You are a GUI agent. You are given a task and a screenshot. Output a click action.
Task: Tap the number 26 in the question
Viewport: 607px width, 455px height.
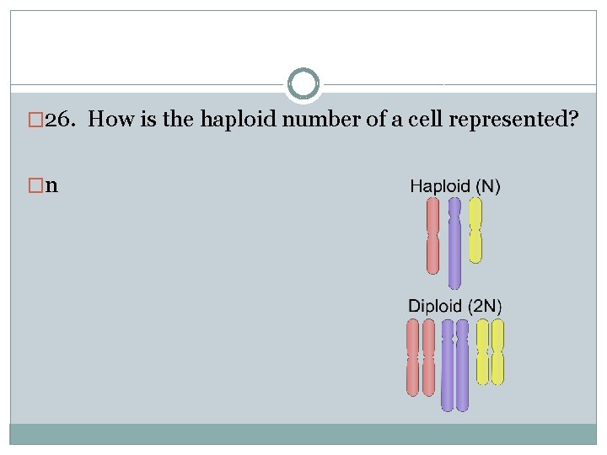click(x=57, y=120)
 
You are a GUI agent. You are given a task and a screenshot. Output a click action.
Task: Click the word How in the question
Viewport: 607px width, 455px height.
click(x=106, y=120)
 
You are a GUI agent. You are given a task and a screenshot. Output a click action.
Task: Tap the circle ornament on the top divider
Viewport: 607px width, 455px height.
click(x=303, y=84)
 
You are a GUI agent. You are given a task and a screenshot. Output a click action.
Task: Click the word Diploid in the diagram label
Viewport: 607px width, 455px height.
click(x=435, y=305)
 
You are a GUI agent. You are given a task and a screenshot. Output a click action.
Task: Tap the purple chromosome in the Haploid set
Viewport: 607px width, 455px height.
click(x=454, y=244)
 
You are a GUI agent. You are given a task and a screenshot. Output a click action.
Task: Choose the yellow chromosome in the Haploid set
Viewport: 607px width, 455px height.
click(x=475, y=231)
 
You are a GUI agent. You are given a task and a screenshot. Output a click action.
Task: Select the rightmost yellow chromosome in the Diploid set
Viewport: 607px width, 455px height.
click(x=497, y=351)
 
